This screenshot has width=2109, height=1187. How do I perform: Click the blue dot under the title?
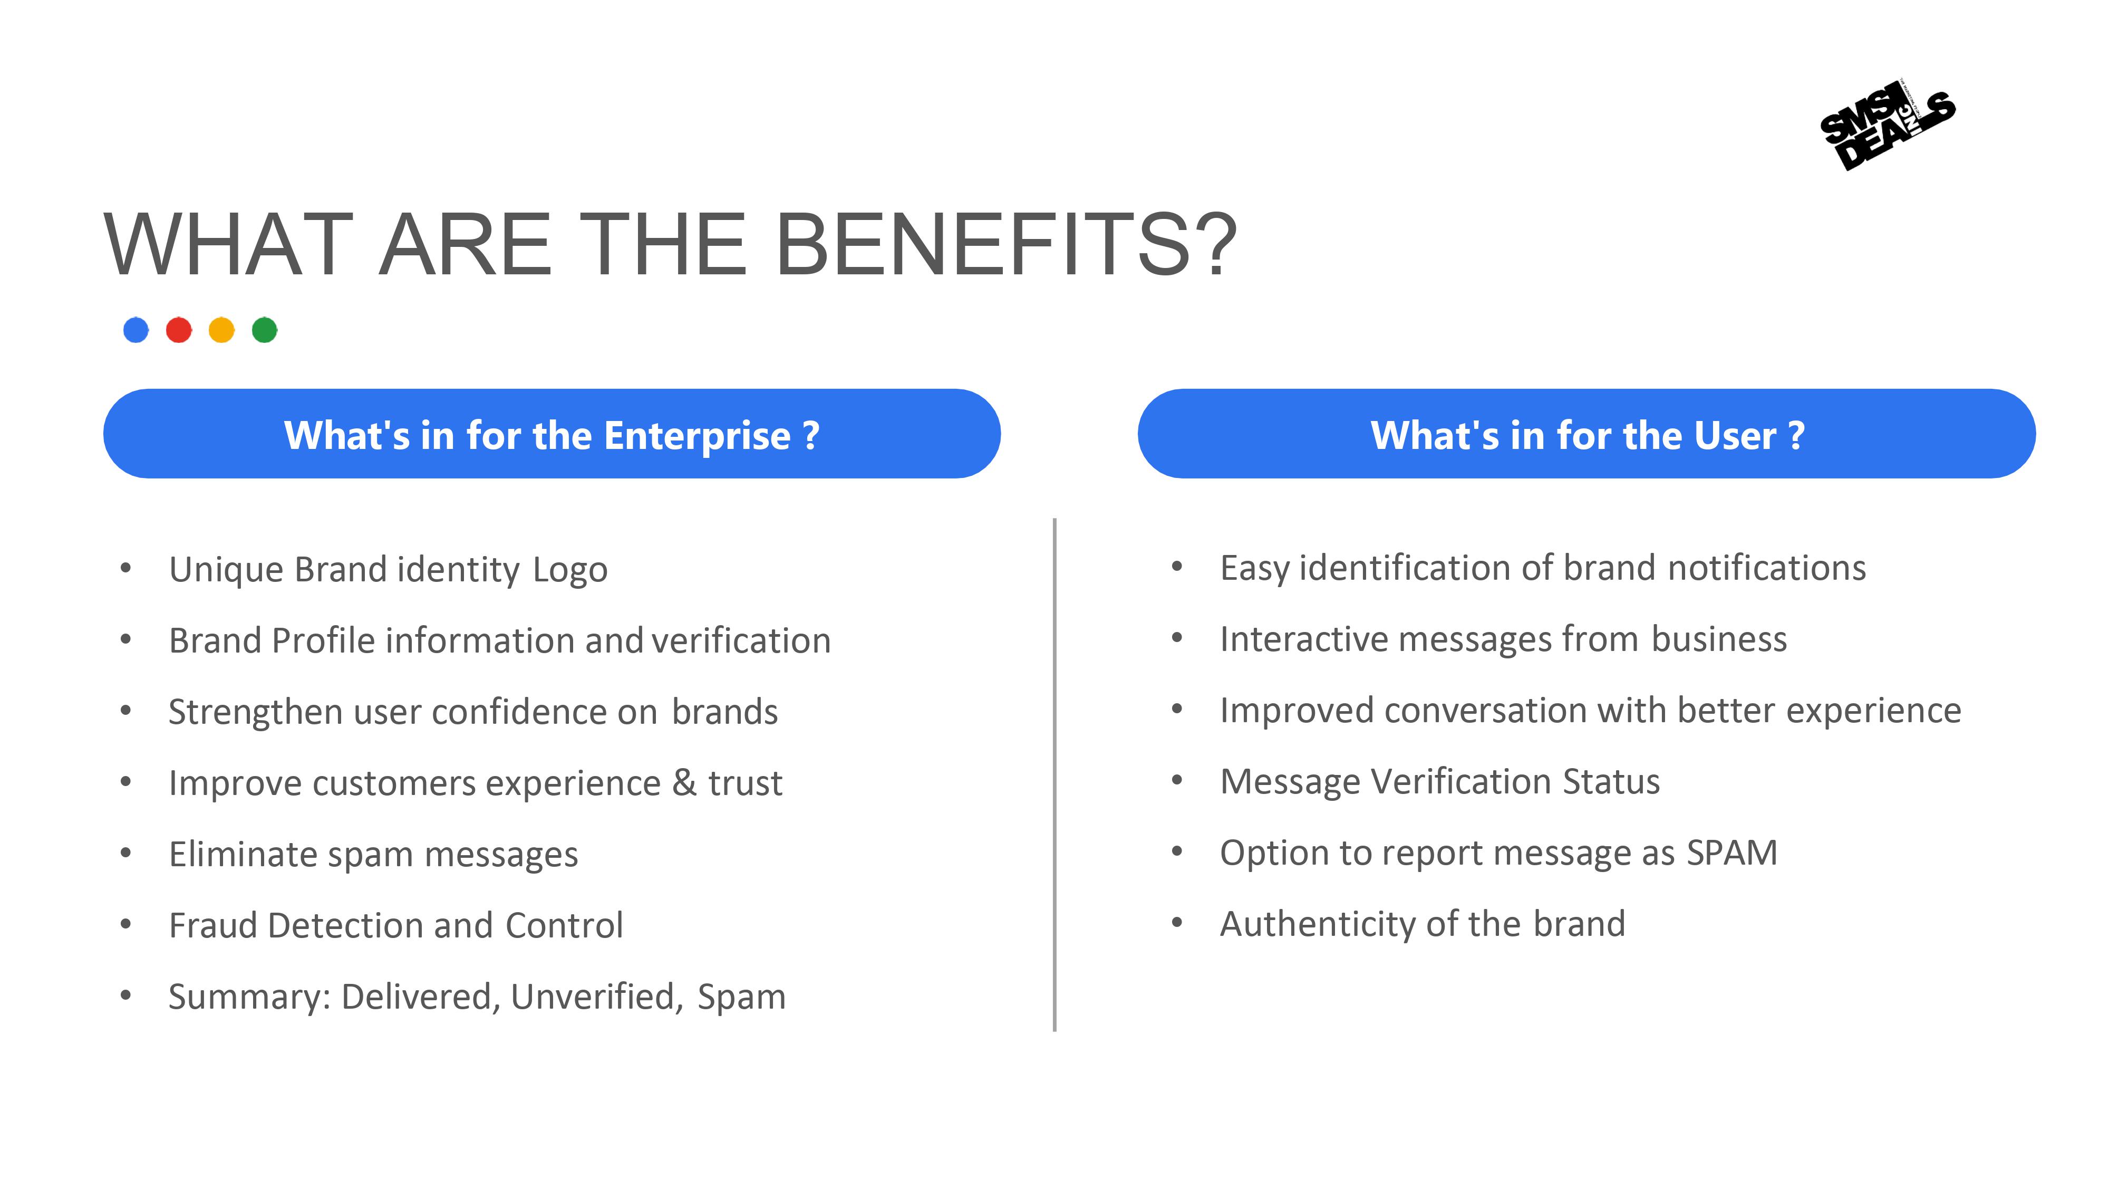click(136, 330)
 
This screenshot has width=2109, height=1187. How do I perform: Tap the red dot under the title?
click(179, 330)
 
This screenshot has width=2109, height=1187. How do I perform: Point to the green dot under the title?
click(265, 330)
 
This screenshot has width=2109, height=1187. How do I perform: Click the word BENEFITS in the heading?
click(1006, 244)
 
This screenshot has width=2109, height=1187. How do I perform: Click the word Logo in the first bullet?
click(570, 569)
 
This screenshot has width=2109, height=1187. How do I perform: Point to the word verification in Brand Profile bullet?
click(742, 640)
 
